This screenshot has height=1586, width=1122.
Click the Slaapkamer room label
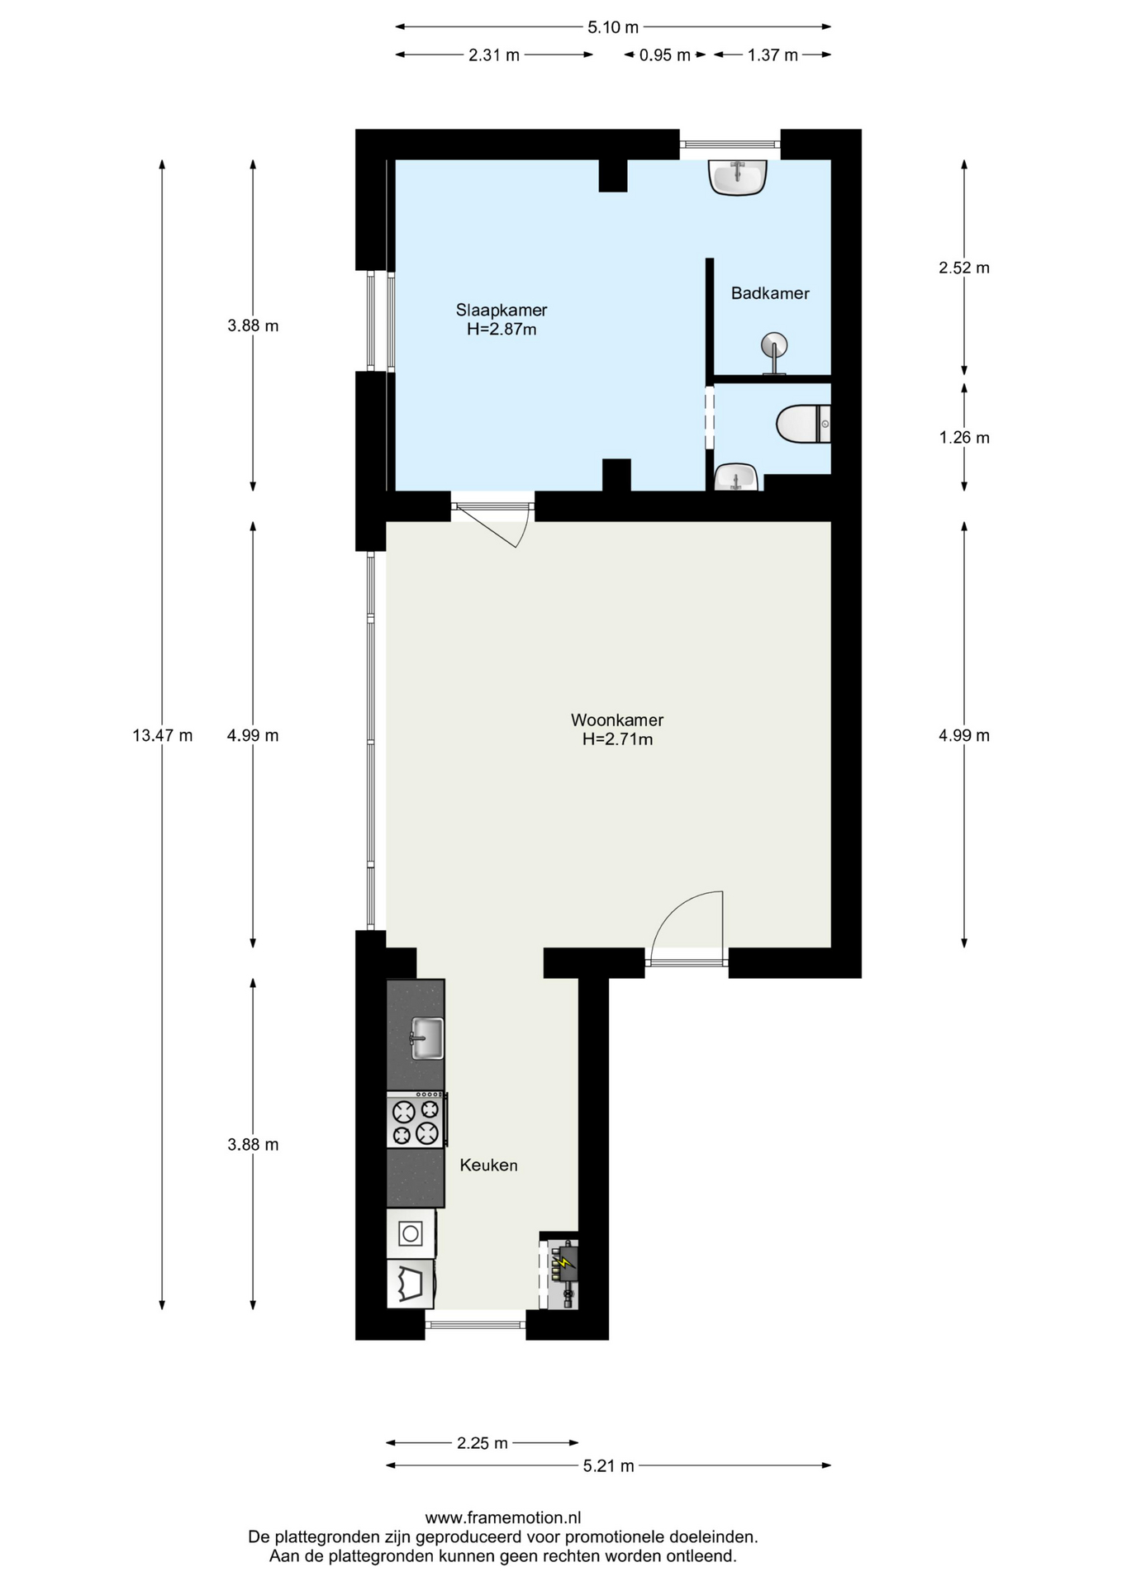502,311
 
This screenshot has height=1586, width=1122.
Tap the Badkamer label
770,293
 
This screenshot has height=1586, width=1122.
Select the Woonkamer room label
617,720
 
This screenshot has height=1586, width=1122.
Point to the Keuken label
489,1166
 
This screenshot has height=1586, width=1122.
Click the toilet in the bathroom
803,424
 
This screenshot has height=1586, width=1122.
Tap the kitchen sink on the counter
427,1038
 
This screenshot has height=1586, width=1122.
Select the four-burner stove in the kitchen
416,1120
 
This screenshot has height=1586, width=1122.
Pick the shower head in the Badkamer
774,352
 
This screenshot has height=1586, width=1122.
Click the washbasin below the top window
738,177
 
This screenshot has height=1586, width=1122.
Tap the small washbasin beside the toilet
735,477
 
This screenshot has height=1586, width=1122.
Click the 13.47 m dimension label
163,735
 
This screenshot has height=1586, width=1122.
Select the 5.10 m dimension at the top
613,27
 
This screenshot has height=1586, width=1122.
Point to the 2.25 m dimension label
483,1443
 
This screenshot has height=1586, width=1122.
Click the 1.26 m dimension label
964,438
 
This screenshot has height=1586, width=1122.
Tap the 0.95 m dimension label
665,55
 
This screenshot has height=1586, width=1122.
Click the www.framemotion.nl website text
503,1517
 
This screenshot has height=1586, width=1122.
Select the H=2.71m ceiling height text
617,739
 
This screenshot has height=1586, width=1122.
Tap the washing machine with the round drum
411,1234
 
